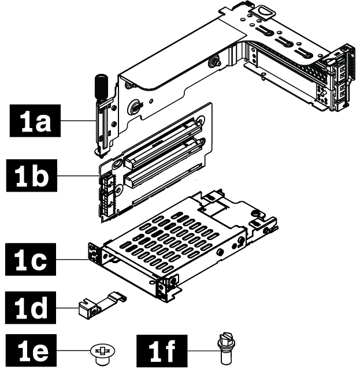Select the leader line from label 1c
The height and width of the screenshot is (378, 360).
81,261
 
